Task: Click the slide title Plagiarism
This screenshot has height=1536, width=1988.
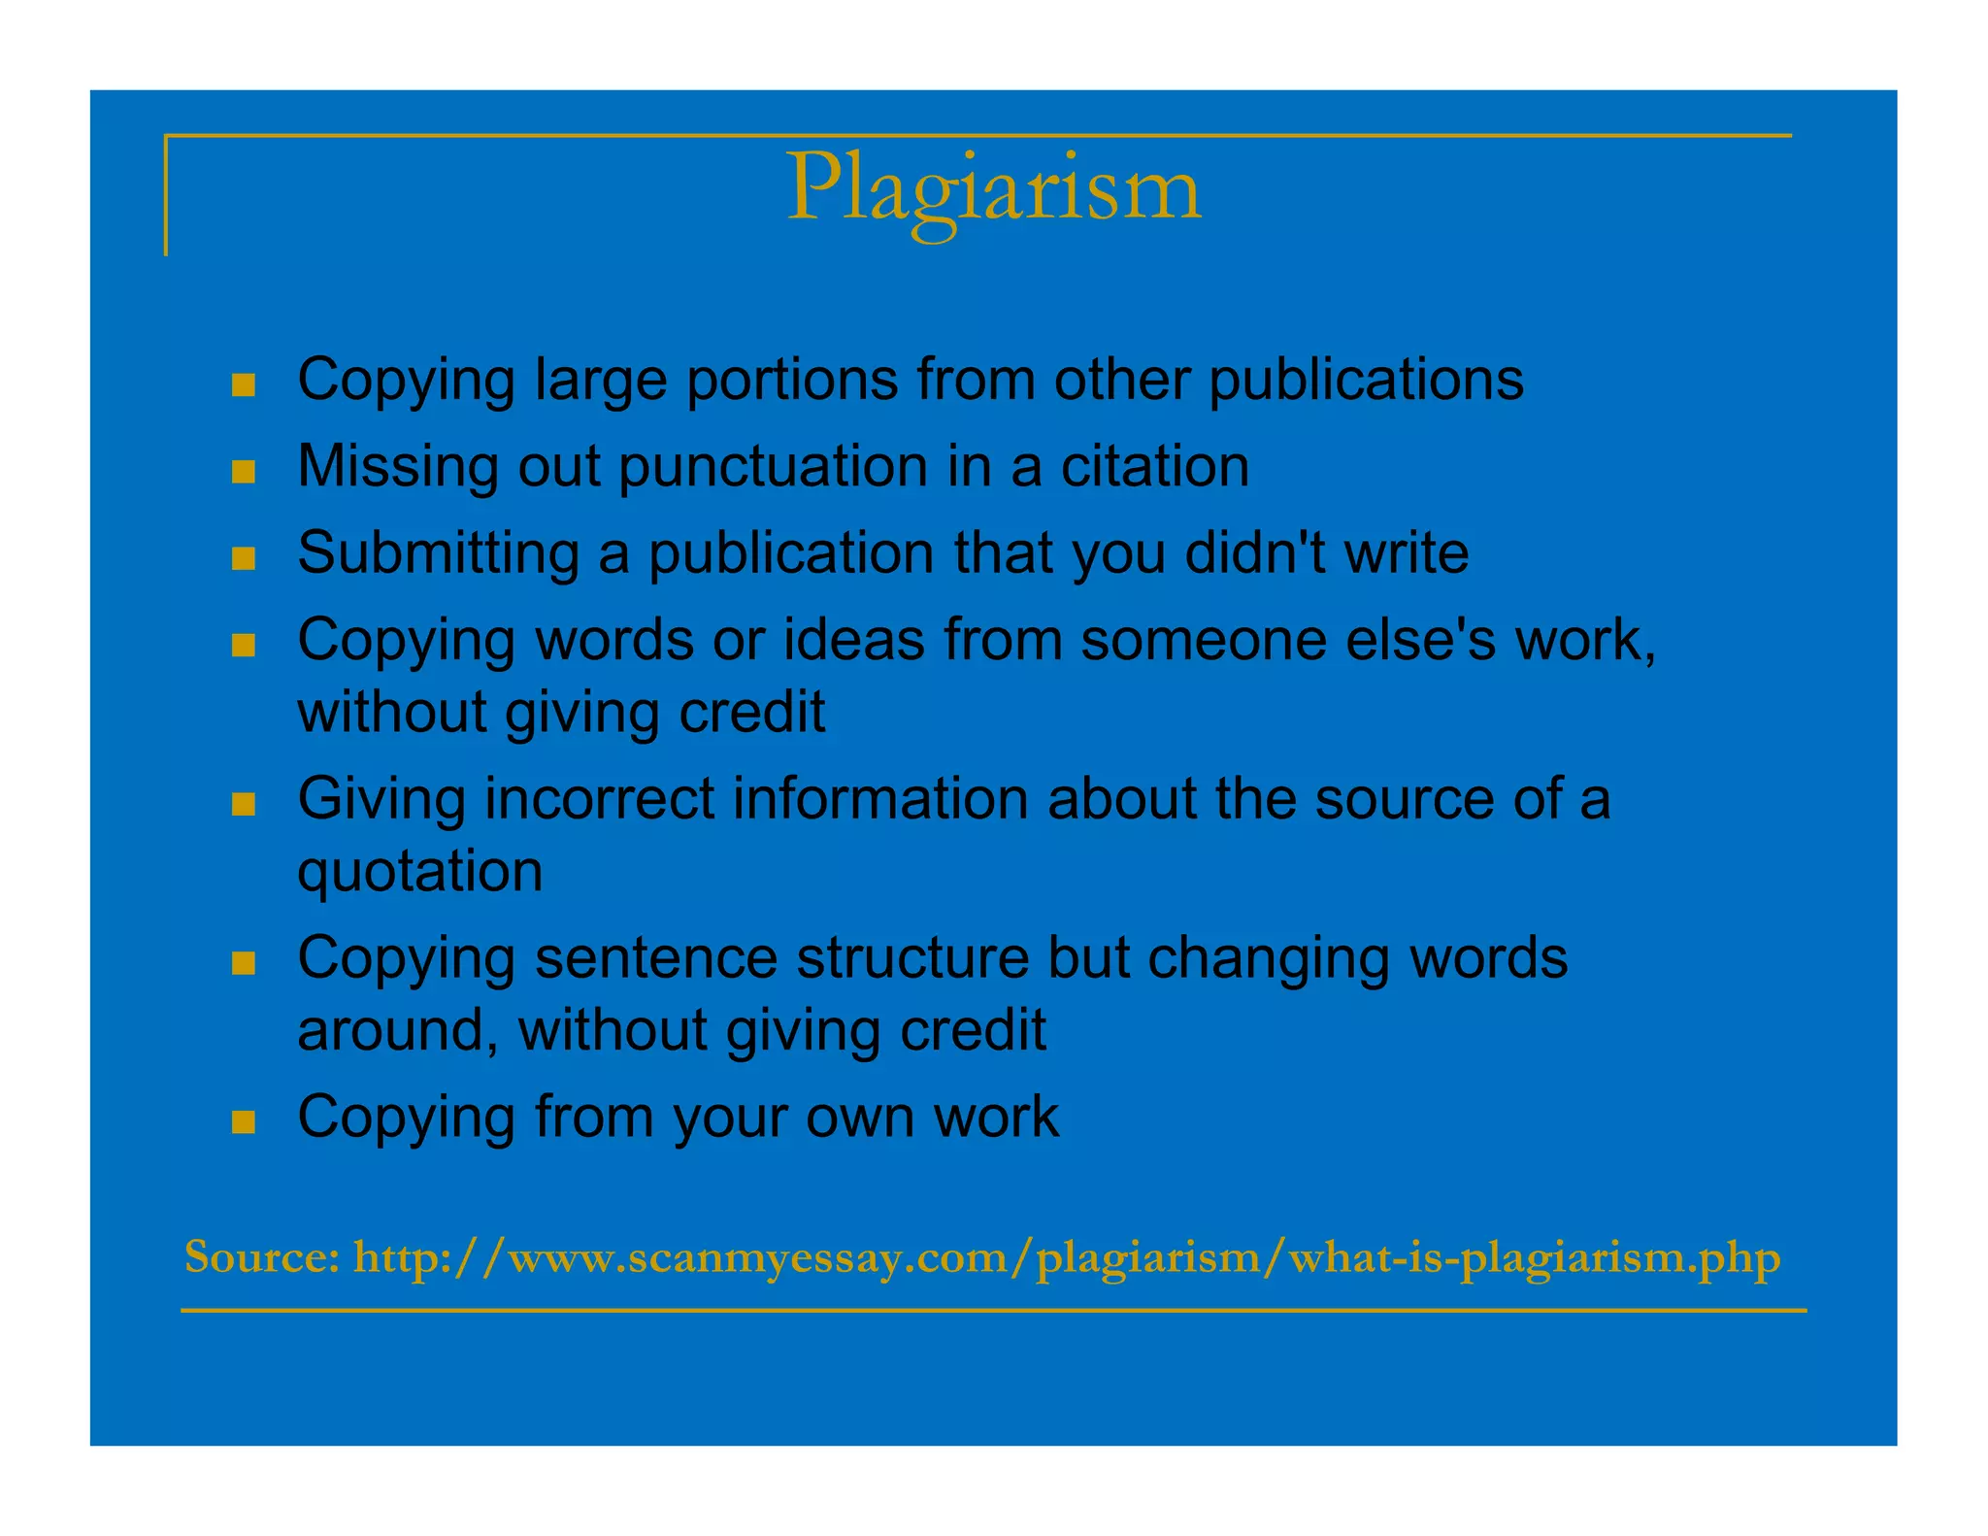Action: [x=993, y=188]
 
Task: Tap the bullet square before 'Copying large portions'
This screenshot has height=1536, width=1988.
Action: [x=244, y=385]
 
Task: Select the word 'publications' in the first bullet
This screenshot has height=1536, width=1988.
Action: [x=1366, y=380]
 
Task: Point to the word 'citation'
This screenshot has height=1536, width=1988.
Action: [x=1154, y=466]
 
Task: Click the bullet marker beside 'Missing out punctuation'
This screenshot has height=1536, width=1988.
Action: [x=244, y=473]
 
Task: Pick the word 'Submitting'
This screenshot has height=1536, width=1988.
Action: [x=438, y=553]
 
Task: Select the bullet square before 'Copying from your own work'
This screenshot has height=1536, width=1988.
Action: [x=244, y=1123]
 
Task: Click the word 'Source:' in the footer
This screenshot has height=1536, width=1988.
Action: [x=261, y=1257]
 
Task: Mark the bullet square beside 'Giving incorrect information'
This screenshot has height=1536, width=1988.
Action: [x=244, y=805]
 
